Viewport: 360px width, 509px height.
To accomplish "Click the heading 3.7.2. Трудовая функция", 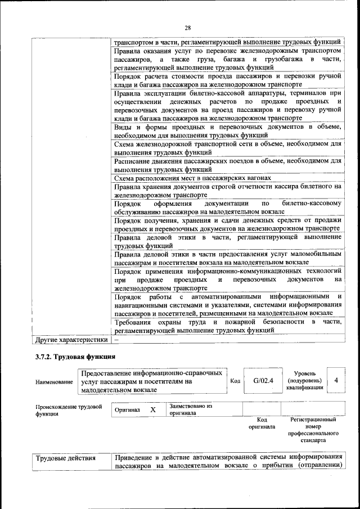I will point(75,356).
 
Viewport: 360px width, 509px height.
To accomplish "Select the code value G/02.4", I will point(263,380).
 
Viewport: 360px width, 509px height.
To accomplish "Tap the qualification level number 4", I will point(336,380).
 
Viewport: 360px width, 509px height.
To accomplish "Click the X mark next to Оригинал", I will point(153,409).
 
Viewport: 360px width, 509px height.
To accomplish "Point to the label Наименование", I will point(55,382).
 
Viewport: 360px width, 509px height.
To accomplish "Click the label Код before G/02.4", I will point(236,381).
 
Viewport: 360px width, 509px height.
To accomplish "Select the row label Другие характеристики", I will point(71,340).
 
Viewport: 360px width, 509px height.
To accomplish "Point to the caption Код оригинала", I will point(262,423).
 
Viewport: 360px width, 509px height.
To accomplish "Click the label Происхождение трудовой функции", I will point(68,410).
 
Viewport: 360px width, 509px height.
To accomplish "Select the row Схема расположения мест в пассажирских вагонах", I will point(192,178).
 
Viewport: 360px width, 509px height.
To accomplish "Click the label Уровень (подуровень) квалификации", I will point(304,380).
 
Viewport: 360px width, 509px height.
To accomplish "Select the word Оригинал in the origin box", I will point(127,410).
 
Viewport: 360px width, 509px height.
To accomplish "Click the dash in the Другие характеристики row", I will point(116,340).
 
